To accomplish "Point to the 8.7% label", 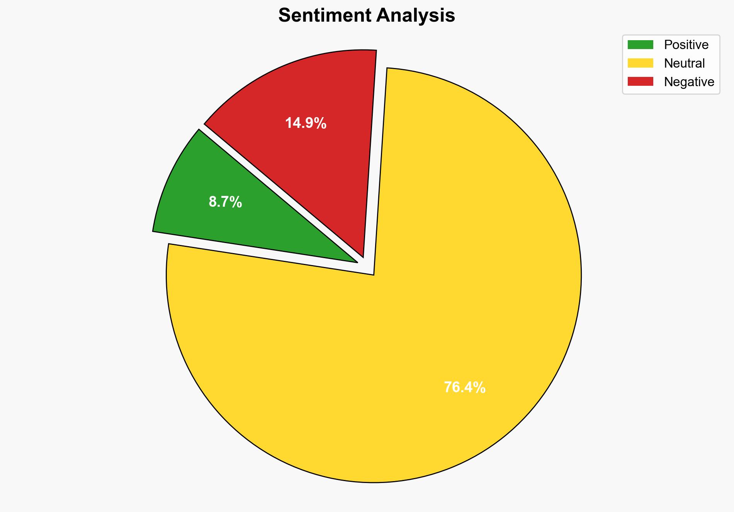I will click(x=225, y=202).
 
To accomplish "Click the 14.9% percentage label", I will click(x=306, y=123).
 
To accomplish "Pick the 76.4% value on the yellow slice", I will click(x=464, y=387).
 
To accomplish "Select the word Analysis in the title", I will click(x=416, y=15).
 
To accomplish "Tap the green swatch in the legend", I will click(x=640, y=45).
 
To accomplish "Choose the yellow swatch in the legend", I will click(x=640, y=63).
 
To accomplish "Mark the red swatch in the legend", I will click(x=640, y=82).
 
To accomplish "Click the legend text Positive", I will click(x=686, y=45).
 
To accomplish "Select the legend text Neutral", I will click(x=684, y=63).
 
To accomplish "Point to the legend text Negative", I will click(x=689, y=82).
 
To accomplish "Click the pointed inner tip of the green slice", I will click(x=356, y=262).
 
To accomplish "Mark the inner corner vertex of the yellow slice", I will click(x=373, y=274).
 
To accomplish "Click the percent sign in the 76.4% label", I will click(x=479, y=387).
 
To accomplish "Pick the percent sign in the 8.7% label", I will click(x=236, y=202).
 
